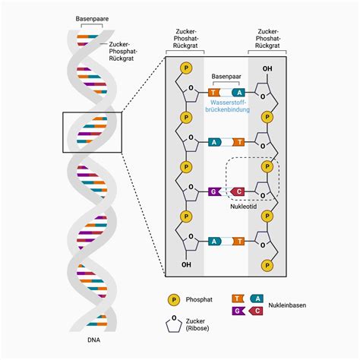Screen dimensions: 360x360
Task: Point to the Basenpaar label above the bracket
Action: click(225, 77)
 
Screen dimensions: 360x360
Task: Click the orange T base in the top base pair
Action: click(214, 92)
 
